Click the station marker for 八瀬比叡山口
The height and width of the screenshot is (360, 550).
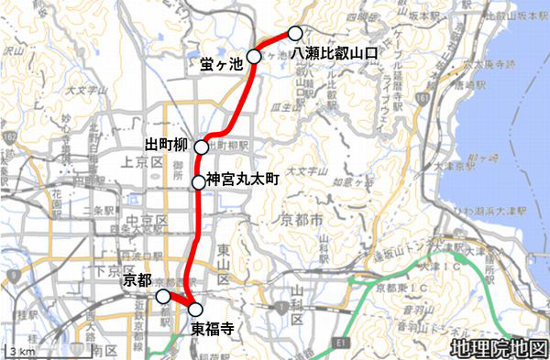click(x=295, y=34)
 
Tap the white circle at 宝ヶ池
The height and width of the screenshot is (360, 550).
click(x=254, y=57)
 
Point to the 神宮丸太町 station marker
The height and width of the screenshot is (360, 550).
click(x=199, y=182)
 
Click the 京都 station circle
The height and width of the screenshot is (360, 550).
click(x=162, y=296)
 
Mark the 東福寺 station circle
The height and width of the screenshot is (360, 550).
click(x=194, y=308)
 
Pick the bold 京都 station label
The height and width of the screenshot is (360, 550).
click(x=136, y=278)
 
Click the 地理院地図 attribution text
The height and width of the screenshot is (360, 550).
click(x=498, y=348)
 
